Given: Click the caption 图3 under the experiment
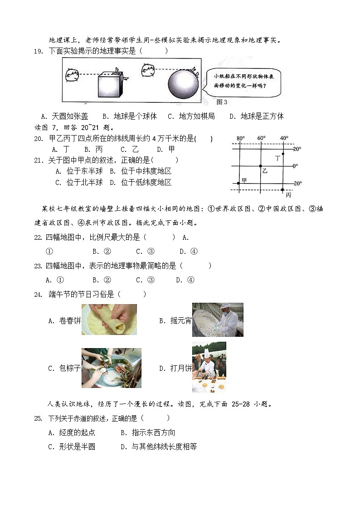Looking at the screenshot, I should click(x=222, y=102).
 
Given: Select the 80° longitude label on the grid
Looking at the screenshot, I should click(x=241, y=138).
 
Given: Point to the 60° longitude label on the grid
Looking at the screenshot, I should click(x=262, y=138).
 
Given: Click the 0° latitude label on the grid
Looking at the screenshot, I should click(x=295, y=166).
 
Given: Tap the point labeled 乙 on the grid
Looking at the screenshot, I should click(x=260, y=166).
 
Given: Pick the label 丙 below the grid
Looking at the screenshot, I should click(x=288, y=194).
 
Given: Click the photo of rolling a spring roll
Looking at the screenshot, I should click(x=109, y=320).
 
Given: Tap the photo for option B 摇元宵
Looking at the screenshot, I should click(x=218, y=320).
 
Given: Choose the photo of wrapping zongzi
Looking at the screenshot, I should click(x=111, y=368).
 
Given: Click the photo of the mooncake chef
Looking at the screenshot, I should click(x=209, y=367).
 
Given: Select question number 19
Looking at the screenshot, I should click(x=38, y=51).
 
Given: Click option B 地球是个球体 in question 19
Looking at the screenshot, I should click(x=130, y=116).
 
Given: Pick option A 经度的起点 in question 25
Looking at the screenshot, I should click(x=72, y=433).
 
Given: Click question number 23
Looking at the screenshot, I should click(x=38, y=266).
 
